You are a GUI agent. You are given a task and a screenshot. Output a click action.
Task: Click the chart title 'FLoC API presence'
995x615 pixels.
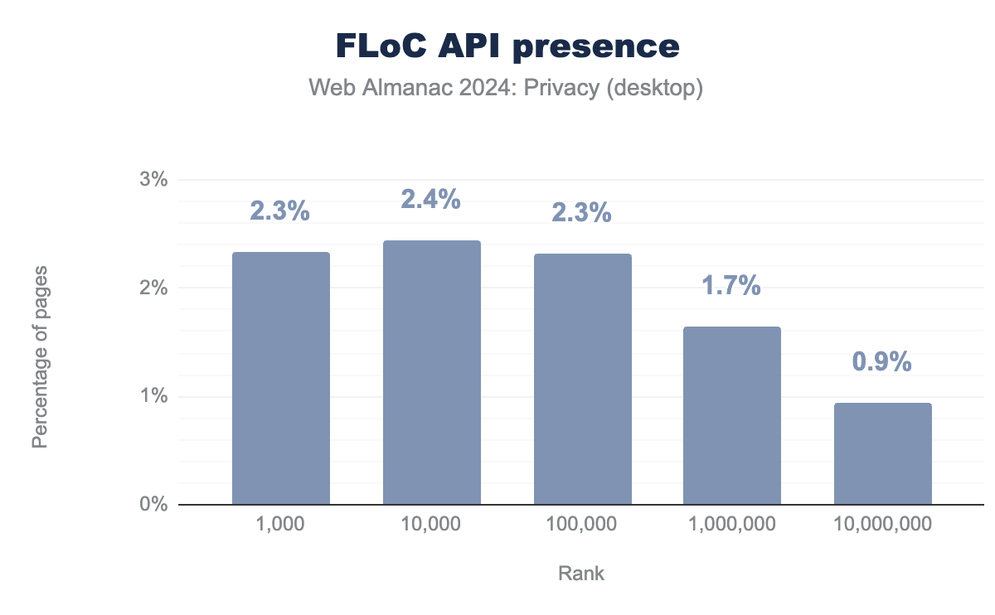(x=507, y=46)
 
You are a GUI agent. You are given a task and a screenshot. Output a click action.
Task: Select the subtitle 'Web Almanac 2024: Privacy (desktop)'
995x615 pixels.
(x=506, y=88)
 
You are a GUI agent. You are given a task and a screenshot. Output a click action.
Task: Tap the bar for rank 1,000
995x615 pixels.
(x=281, y=378)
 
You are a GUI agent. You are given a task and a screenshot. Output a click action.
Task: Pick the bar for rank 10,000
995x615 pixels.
(x=431, y=372)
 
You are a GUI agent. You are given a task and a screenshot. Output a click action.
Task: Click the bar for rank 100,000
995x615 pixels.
(x=582, y=379)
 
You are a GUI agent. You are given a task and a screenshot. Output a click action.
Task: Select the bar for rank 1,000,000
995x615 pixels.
(x=732, y=415)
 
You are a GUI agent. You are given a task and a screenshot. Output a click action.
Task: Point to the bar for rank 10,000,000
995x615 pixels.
(x=882, y=453)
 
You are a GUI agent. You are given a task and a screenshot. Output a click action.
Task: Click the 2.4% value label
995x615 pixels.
(x=431, y=200)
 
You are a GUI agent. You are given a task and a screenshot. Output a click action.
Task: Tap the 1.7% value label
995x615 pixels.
(x=732, y=286)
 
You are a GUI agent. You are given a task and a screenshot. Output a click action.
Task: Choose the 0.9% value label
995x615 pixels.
(x=882, y=362)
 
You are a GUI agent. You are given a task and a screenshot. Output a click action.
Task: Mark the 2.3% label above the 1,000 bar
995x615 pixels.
(x=280, y=211)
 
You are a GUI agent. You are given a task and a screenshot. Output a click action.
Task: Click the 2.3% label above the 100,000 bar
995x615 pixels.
(x=582, y=213)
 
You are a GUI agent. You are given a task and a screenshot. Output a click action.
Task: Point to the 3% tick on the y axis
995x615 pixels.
(x=153, y=180)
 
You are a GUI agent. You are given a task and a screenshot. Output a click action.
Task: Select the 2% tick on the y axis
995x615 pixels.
(x=153, y=288)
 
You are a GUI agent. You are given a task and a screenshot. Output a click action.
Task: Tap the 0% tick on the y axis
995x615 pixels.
(x=153, y=505)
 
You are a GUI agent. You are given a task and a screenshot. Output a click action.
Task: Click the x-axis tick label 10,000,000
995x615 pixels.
(x=882, y=524)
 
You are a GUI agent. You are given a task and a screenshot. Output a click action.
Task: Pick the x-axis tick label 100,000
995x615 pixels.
(x=582, y=524)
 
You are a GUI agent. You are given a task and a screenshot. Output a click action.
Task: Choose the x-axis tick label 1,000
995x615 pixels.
(x=280, y=524)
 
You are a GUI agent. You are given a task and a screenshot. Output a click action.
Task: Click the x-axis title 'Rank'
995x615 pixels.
(x=581, y=574)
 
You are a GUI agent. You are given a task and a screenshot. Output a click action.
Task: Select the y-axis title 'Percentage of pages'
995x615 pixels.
(x=39, y=357)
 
